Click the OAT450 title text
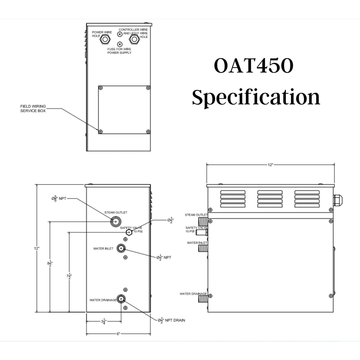tap(254, 67)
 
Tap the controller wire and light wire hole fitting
tap(134, 39)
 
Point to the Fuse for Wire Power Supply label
tap(119, 51)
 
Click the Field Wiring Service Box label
tap(33, 108)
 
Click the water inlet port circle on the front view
tap(121, 248)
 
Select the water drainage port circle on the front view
tap(121, 299)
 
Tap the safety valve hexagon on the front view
tap(129, 232)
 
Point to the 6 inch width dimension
tap(118, 334)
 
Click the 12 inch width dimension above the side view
tap(270, 165)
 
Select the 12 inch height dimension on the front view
tap(37, 248)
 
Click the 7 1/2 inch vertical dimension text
tap(69, 276)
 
